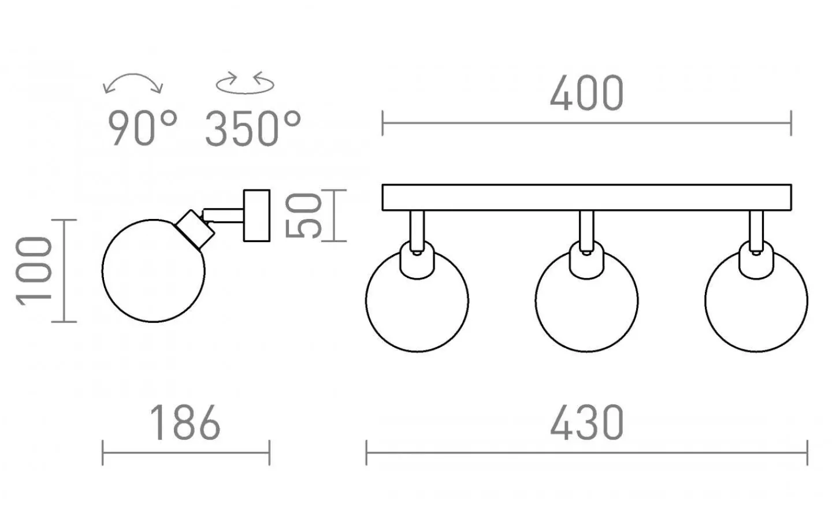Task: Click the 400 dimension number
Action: point(587,93)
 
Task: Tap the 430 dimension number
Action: point(587,423)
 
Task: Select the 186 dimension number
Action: point(185,423)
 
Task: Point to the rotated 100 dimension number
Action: point(34,271)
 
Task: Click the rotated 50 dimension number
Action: point(303,216)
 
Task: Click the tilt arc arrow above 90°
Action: point(133,75)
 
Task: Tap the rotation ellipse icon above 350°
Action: point(245,91)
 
